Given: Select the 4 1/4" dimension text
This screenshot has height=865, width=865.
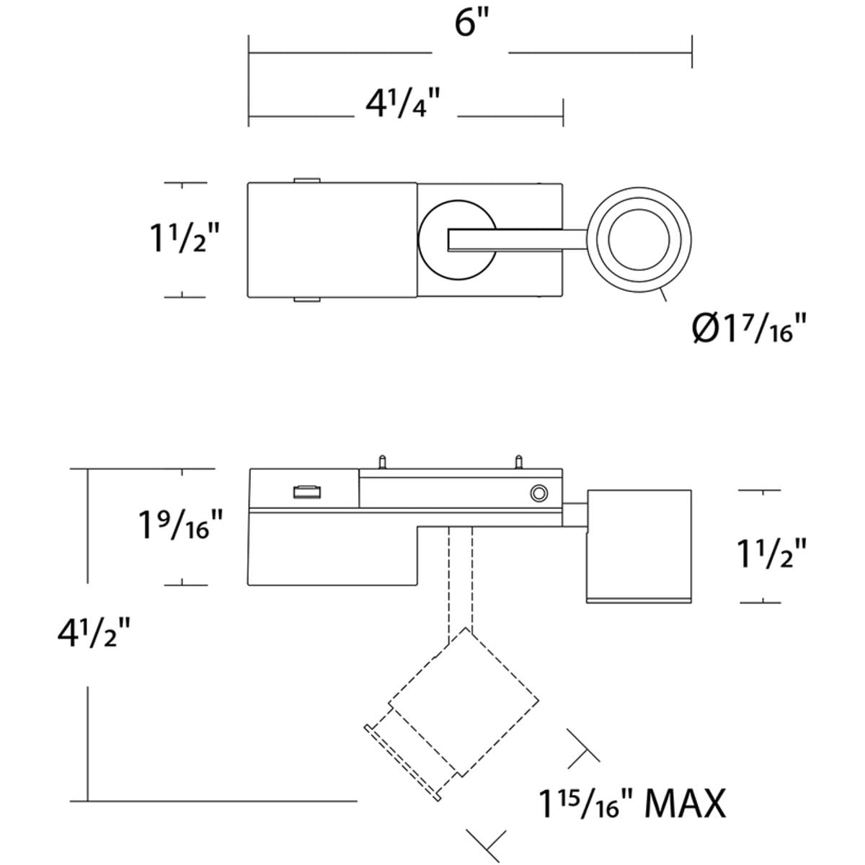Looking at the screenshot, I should (x=402, y=105).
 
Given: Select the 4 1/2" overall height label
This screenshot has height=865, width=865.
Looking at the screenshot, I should (x=93, y=634).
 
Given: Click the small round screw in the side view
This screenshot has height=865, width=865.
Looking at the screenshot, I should (x=537, y=493).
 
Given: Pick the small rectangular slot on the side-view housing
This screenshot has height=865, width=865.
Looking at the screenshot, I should (x=306, y=492).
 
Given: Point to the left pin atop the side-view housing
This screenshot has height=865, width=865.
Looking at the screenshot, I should (x=383, y=461).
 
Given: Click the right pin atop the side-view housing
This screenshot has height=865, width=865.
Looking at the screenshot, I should (x=518, y=461).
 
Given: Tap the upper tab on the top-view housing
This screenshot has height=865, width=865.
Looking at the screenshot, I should (x=307, y=179).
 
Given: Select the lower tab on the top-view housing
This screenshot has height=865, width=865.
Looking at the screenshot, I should (x=307, y=299).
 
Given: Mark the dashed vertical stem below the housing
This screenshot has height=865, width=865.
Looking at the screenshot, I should (x=461, y=577).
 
